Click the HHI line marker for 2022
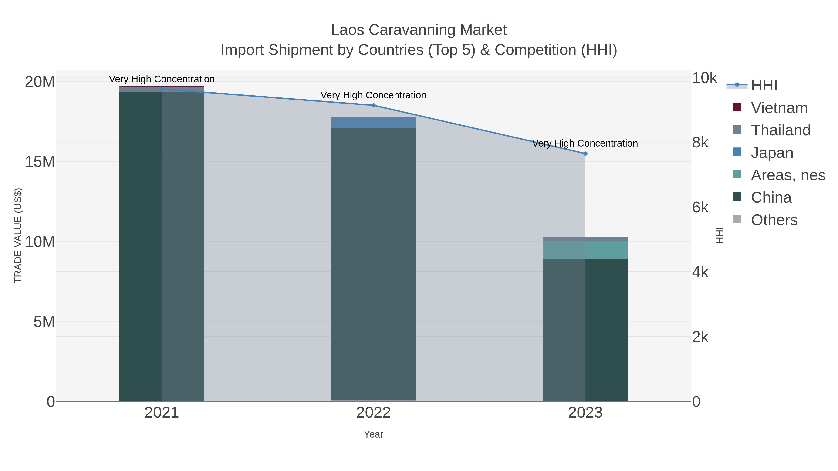coord(373,105)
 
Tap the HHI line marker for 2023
coord(585,154)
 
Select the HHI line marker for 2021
coord(162,89)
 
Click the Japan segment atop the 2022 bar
coord(373,122)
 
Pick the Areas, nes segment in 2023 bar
coord(585,250)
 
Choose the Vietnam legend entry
coord(779,108)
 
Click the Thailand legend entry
coord(781,130)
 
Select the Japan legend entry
coord(772,153)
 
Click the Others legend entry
coord(774,220)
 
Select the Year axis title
coord(373,434)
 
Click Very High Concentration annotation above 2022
coord(373,95)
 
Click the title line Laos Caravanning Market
coord(419,30)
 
